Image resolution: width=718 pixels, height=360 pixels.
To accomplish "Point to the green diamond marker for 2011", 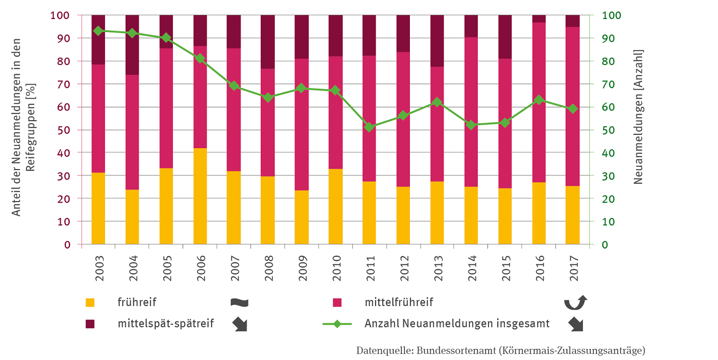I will tap(369, 127).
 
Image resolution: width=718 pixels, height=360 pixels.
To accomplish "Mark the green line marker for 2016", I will tap(539, 100).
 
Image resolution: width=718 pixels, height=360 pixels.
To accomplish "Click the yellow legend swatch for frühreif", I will tap(90, 302).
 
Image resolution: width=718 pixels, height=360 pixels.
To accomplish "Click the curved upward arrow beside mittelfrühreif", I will tap(575, 302).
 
